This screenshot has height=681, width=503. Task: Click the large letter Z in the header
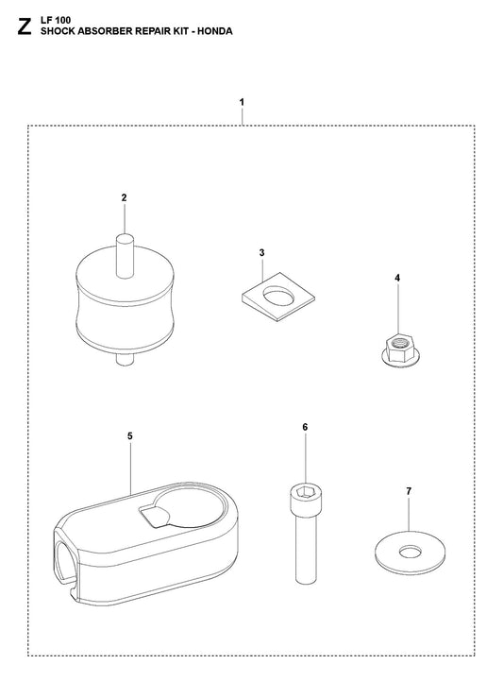click(25, 27)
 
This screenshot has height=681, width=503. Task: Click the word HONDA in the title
click(215, 31)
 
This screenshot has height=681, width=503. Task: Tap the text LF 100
click(56, 20)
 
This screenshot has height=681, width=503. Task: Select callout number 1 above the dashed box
click(242, 103)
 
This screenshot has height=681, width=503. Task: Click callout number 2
click(125, 197)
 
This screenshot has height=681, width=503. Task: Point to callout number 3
click(261, 253)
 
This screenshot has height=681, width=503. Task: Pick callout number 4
click(397, 278)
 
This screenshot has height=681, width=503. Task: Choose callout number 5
click(130, 436)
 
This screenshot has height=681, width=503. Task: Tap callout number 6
click(305, 427)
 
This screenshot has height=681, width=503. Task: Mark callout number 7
click(409, 491)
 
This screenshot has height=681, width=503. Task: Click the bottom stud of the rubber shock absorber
click(125, 359)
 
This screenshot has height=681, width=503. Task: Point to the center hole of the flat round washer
click(411, 552)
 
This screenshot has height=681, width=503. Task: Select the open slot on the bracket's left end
click(64, 560)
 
